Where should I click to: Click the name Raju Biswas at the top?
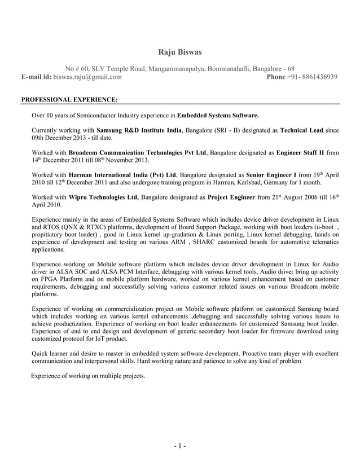(x=180, y=52)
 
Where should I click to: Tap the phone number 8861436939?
(x=320, y=77)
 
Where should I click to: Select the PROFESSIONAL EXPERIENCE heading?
(x=69, y=100)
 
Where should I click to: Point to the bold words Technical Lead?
(x=301, y=130)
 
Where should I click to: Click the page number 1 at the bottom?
(x=180, y=447)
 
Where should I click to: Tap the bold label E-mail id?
(x=37, y=77)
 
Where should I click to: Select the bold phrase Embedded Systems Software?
(x=218, y=116)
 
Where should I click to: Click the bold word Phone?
(x=275, y=77)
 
